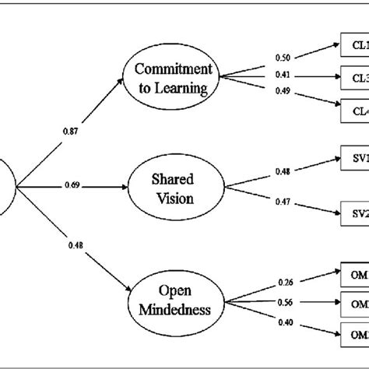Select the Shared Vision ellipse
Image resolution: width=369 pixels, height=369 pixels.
click(168, 188)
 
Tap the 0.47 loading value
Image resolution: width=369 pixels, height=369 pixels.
click(284, 202)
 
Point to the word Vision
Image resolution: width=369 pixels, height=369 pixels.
click(168, 198)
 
